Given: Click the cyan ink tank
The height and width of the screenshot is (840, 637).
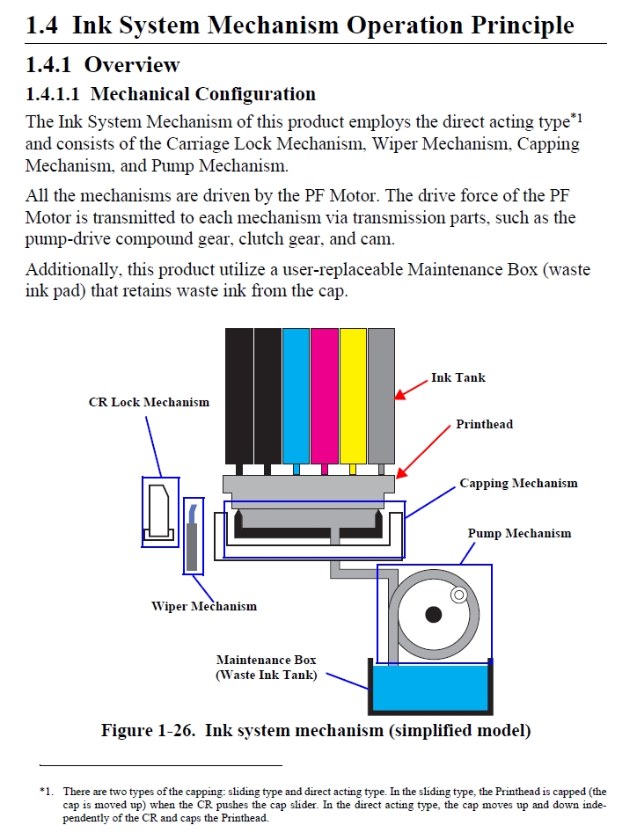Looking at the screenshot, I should [297, 395].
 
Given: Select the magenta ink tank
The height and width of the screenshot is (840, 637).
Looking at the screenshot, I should [325, 395].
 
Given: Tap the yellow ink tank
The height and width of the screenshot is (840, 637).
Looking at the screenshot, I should [353, 395].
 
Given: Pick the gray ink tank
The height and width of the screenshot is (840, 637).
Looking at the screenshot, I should [381, 395].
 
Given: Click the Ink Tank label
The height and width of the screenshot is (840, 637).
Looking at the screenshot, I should [458, 377].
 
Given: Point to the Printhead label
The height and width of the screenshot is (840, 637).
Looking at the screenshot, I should [484, 424].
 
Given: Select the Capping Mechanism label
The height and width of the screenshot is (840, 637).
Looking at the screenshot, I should [518, 483].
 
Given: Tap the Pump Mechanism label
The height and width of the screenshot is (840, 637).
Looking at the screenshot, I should [519, 533].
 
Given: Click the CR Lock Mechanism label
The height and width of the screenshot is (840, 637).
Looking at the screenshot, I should [149, 402].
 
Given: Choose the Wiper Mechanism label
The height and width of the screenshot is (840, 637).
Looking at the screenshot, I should [204, 606].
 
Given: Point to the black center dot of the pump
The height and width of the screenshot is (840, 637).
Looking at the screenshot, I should [433, 614].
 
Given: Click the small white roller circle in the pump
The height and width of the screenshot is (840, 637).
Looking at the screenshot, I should [458, 595].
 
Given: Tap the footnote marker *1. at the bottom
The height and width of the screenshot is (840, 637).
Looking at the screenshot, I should [47, 792].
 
